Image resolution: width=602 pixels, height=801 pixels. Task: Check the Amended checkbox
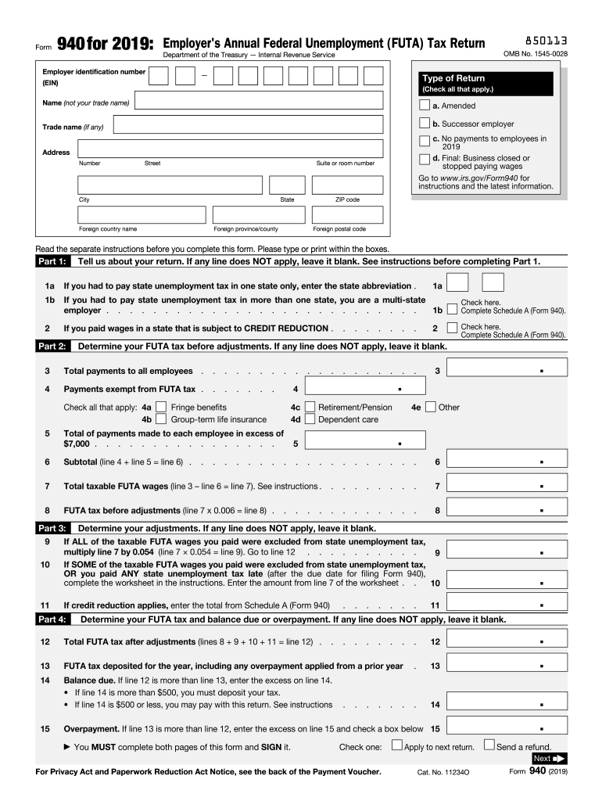click(424, 106)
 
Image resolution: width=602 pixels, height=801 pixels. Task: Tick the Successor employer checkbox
click(424, 124)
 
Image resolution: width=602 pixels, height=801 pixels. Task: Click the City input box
click(170, 185)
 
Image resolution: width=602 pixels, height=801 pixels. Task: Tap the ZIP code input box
click(347, 185)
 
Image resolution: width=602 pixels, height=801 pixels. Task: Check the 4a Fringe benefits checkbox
click(161, 407)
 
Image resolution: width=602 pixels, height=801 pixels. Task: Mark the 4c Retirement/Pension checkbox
click(310, 407)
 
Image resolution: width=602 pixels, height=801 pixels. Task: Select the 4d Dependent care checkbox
click(310, 419)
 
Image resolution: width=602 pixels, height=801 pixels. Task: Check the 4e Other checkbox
click(430, 407)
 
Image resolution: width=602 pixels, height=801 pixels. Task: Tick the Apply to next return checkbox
click(397, 745)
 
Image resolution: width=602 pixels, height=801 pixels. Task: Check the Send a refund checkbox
click(489, 745)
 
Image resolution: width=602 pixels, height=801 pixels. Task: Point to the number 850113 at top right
click(536, 40)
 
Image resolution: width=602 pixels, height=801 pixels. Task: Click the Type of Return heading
click(453, 78)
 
